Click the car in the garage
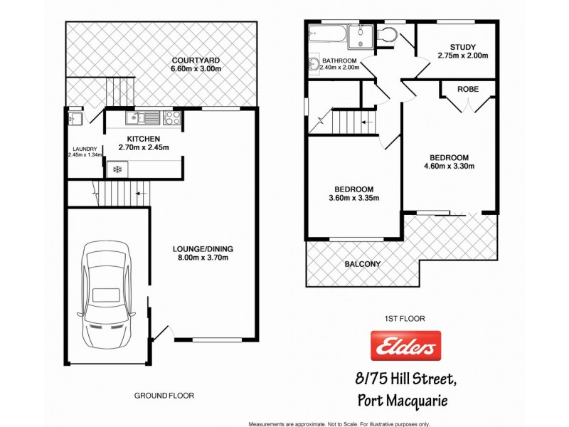point(107,292)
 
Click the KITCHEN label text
point(143,138)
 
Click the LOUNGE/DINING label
point(203,249)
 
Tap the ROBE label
point(467,89)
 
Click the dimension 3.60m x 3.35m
point(353,199)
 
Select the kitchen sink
point(138,117)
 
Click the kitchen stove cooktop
point(171,117)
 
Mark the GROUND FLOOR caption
point(164,395)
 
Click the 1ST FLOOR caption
point(405,319)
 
